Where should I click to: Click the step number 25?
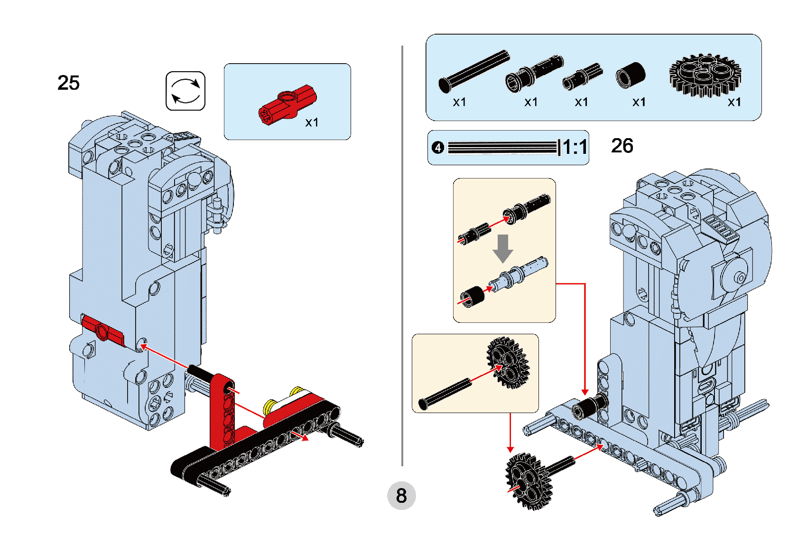pyautogui.click(x=69, y=83)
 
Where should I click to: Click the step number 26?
pyautogui.click(x=622, y=146)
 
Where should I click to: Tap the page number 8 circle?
pyautogui.click(x=401, y=496)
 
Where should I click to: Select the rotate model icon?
pyautogui.click(x=186, y=91)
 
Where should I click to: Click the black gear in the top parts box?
pyautogui.click(x=705, y=75)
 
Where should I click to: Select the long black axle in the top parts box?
pyautogui.click(x=473, y=71)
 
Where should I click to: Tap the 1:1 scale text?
pyautogui.click(x=575, y=148)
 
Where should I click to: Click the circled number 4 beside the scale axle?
pyautogui.click(x=437, y=148)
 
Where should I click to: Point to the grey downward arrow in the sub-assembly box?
pyautogui.click(x=502, y=248)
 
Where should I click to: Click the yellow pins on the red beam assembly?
pyautogui.click(x=282, y=400)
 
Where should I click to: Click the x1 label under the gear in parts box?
pyautogui.click(x=734, y=102)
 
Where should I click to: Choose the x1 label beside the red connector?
pyautogui.click(x=312, y=122)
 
